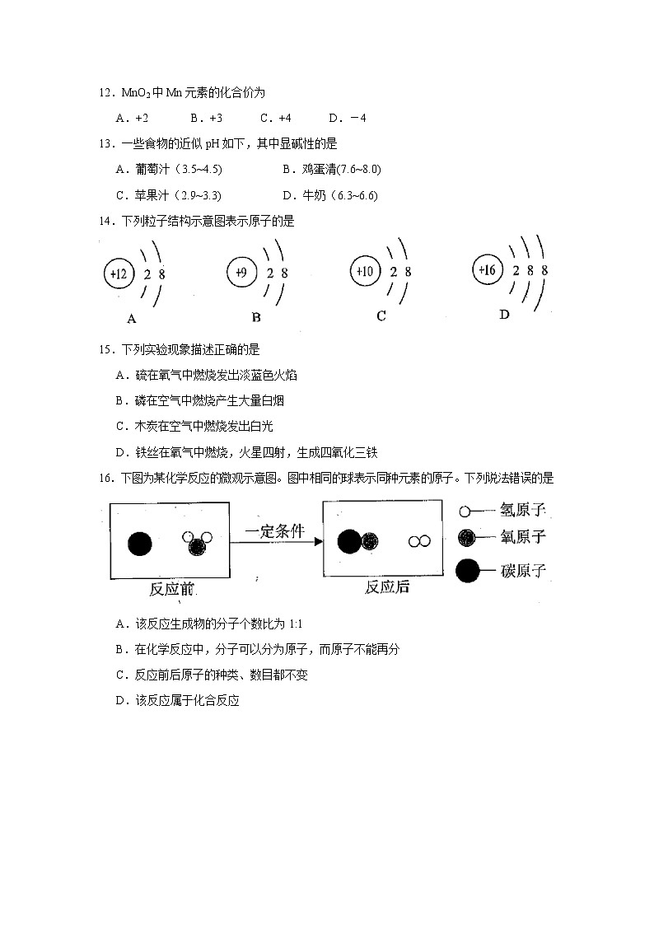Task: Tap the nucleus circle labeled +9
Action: click(x=241, y=273)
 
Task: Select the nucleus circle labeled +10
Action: click(x=363, y=271)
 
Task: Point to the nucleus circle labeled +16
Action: click(x=486, y=269)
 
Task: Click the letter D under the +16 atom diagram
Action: click(x=504, y=315)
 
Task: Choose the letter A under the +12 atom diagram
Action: click(x=131, y=318)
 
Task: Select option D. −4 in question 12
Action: click(x=347, y=118)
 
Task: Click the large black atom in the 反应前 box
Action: click(x=140, y=544)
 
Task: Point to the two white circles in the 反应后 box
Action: click(x=419, y=541)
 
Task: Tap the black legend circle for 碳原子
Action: click(x=468, y=570)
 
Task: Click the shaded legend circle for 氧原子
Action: click(x=467, y=538)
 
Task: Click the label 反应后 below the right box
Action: click(x=387, y=587)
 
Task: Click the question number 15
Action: click(x=104, y=349)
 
